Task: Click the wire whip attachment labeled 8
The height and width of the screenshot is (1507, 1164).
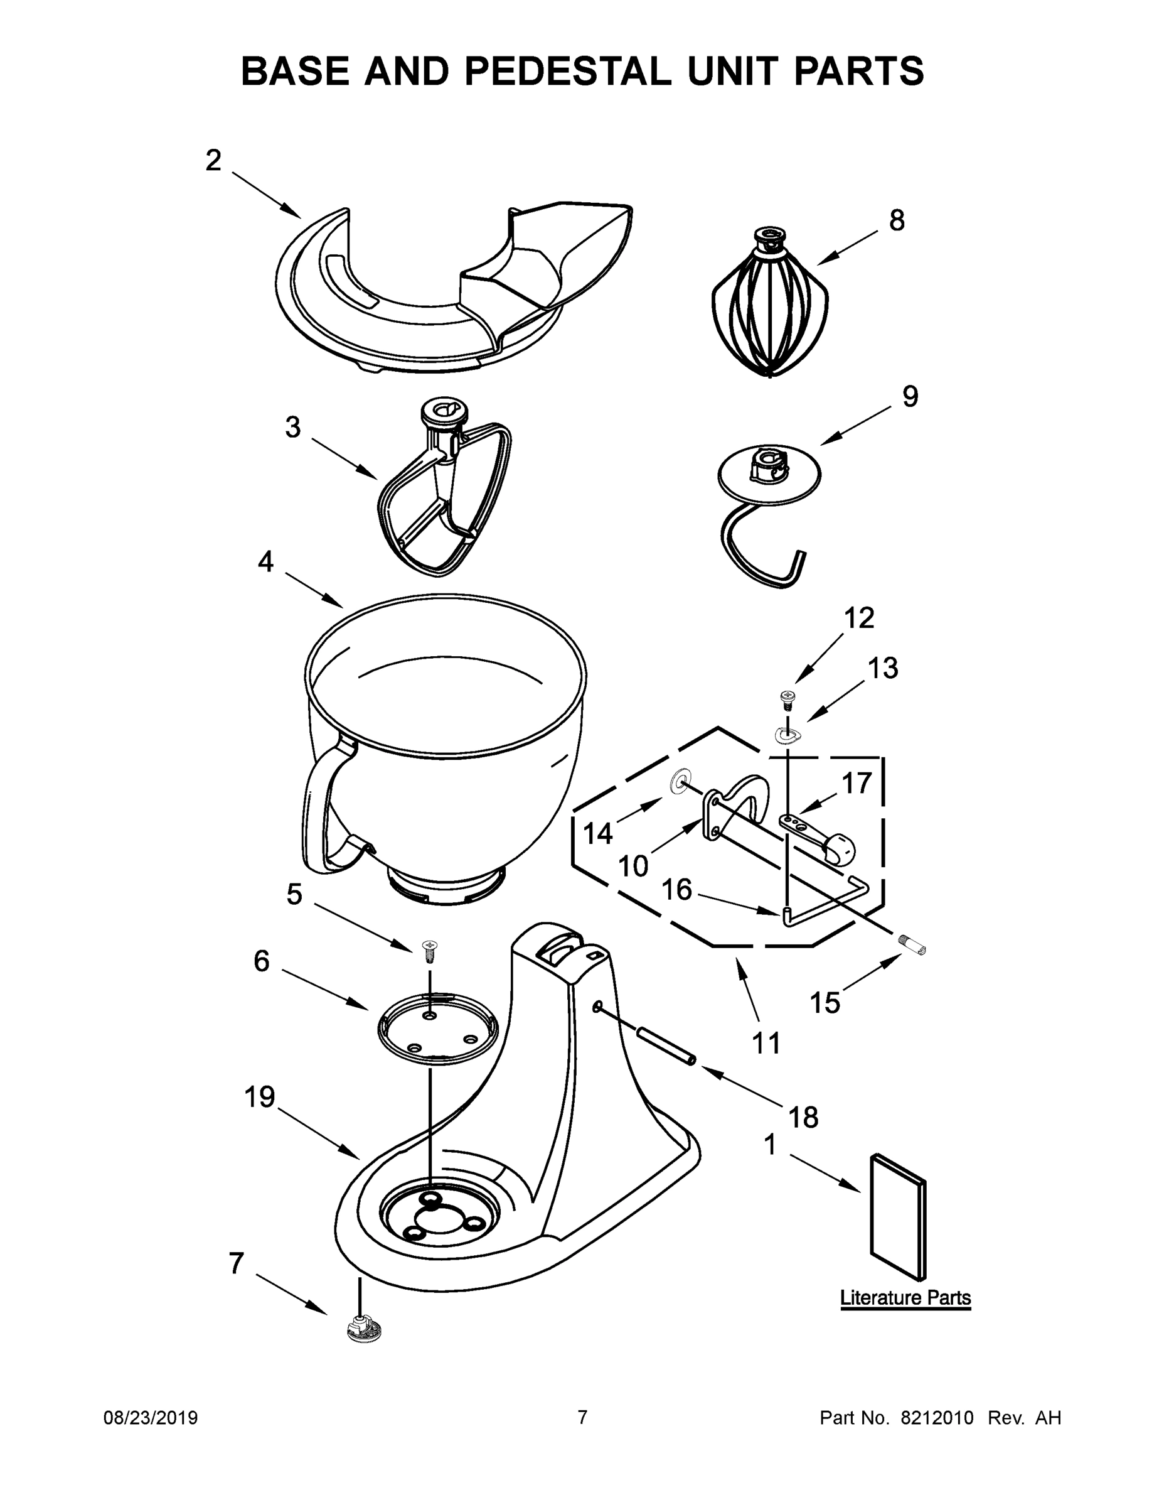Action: pos(769,307)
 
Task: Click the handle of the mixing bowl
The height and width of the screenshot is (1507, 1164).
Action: pos(324,808)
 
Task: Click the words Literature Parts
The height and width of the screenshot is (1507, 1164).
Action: pos(905,1298)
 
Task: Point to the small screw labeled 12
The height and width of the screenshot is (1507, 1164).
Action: pos(787,699)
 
